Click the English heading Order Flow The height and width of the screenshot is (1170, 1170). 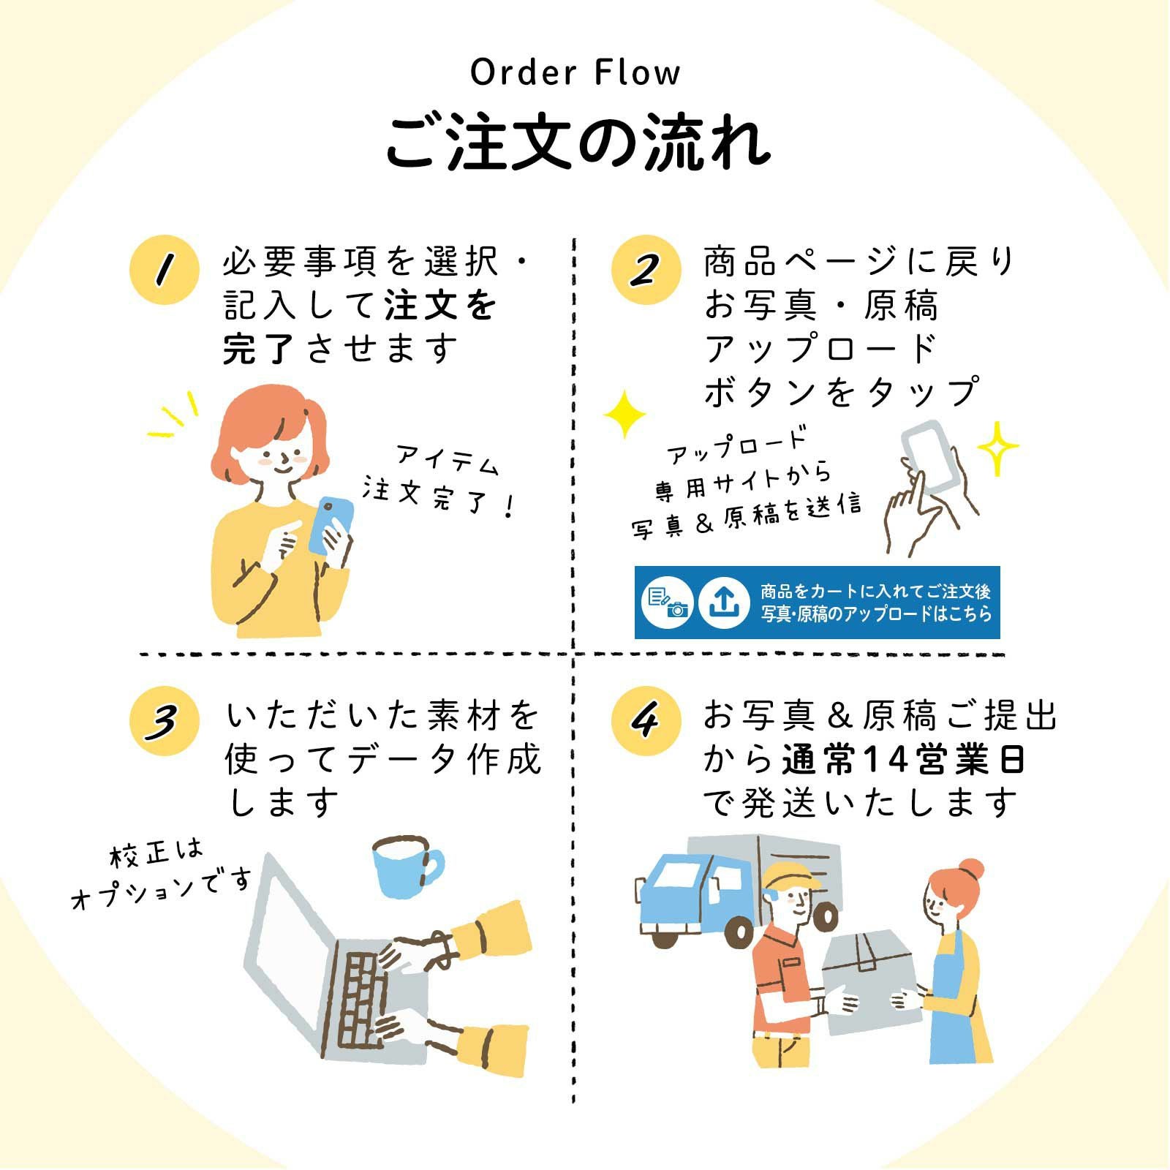point(575,73)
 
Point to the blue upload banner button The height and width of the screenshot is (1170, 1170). point(817,603)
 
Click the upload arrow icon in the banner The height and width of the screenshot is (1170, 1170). point(723,603)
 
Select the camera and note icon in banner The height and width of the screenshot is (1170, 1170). point(668,603)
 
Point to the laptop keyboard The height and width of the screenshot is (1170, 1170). point(363,1000)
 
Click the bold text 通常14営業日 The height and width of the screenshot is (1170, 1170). point(903,760)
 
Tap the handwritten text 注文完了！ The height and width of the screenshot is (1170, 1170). point(439,497)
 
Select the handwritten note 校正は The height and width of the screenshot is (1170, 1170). point(156,853)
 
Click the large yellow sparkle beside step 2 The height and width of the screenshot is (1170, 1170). point(624,415)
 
